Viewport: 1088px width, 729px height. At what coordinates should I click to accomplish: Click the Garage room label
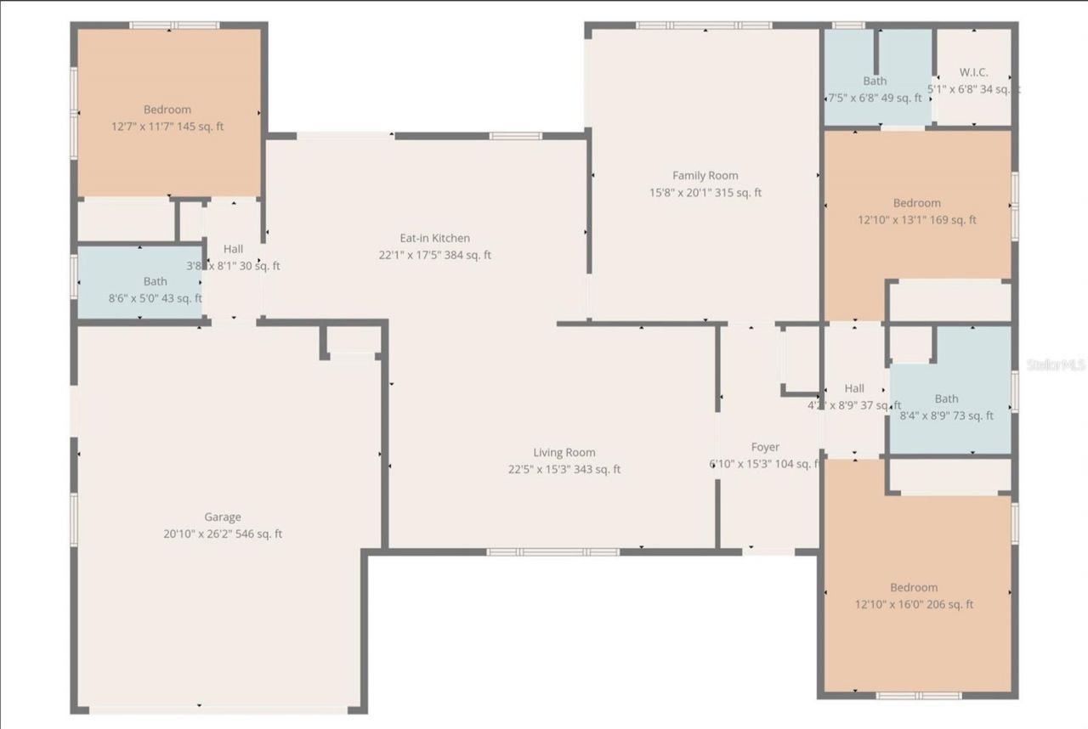(x=222, y=517)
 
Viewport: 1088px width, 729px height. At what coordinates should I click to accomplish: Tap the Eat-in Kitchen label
(x=434, y=238)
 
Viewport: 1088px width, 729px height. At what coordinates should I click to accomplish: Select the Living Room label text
(x=564, y=453)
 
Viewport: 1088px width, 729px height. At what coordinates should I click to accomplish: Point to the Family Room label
(x=705, y=176)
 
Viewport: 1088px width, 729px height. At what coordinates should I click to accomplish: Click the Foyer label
(x=765, y=447)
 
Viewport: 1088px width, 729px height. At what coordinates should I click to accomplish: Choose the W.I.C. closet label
(x=973, y=72)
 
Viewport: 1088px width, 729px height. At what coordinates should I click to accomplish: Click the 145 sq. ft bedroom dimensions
(x=167, y=127)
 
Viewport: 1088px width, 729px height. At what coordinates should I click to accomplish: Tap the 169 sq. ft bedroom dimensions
(x=917, y=220)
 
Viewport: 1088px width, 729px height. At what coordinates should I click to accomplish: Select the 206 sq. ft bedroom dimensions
(x=914, y=605)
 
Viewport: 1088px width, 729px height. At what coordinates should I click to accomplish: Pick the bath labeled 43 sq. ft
(x=156, y=281)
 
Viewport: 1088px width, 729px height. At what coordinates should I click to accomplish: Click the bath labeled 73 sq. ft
(x=946, y=398)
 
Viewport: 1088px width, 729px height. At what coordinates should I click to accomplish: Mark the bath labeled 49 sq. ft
(x=875, y=81)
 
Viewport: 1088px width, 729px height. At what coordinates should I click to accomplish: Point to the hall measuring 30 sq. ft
(x=233, y=249)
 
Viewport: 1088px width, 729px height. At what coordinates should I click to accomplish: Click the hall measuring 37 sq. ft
(x=854, y=388)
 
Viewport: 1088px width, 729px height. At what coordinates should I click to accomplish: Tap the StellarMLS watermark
(x=1056, y=364)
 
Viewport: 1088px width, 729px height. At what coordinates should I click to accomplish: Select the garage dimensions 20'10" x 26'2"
(x=222, y=534)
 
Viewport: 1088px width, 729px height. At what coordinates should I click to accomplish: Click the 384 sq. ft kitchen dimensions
(x=434, y=255)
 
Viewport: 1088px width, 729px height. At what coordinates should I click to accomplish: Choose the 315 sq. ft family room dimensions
(x=705, y=193)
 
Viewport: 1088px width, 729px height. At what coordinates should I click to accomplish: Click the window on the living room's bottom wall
(x=552, y=552)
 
